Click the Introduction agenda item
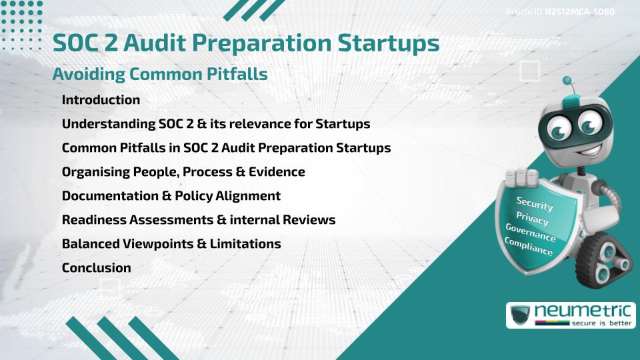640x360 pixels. coord(101,100)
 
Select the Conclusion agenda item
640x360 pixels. coord(96,268)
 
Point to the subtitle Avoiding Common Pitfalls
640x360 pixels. coord(160,75)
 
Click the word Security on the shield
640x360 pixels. coord(535,203)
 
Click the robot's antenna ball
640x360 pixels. coord(568,81)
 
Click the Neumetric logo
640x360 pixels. coord(571,315)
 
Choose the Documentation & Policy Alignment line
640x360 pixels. coord(171,196)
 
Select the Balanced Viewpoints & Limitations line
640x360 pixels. coord(171,244)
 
